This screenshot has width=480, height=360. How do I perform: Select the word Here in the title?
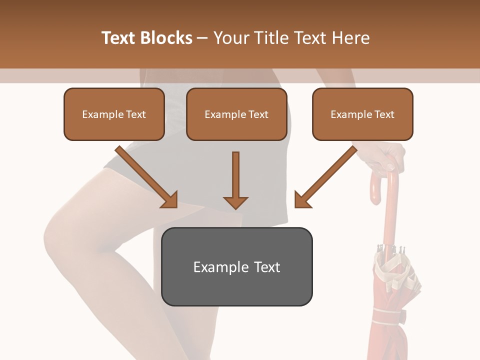tap(350, 38)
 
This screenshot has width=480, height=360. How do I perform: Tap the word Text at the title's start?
tap(118, 38)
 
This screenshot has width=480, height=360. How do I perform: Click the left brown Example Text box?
tap(114, 114)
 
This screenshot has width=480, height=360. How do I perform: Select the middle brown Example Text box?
tap(236, 114)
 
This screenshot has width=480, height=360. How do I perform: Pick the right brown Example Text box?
tap(362, 114)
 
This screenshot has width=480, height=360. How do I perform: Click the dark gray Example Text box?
tap(236, 267)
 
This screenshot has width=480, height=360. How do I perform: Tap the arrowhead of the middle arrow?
tap(235, 202)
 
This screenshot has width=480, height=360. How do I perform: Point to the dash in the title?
tap(202, 38)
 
